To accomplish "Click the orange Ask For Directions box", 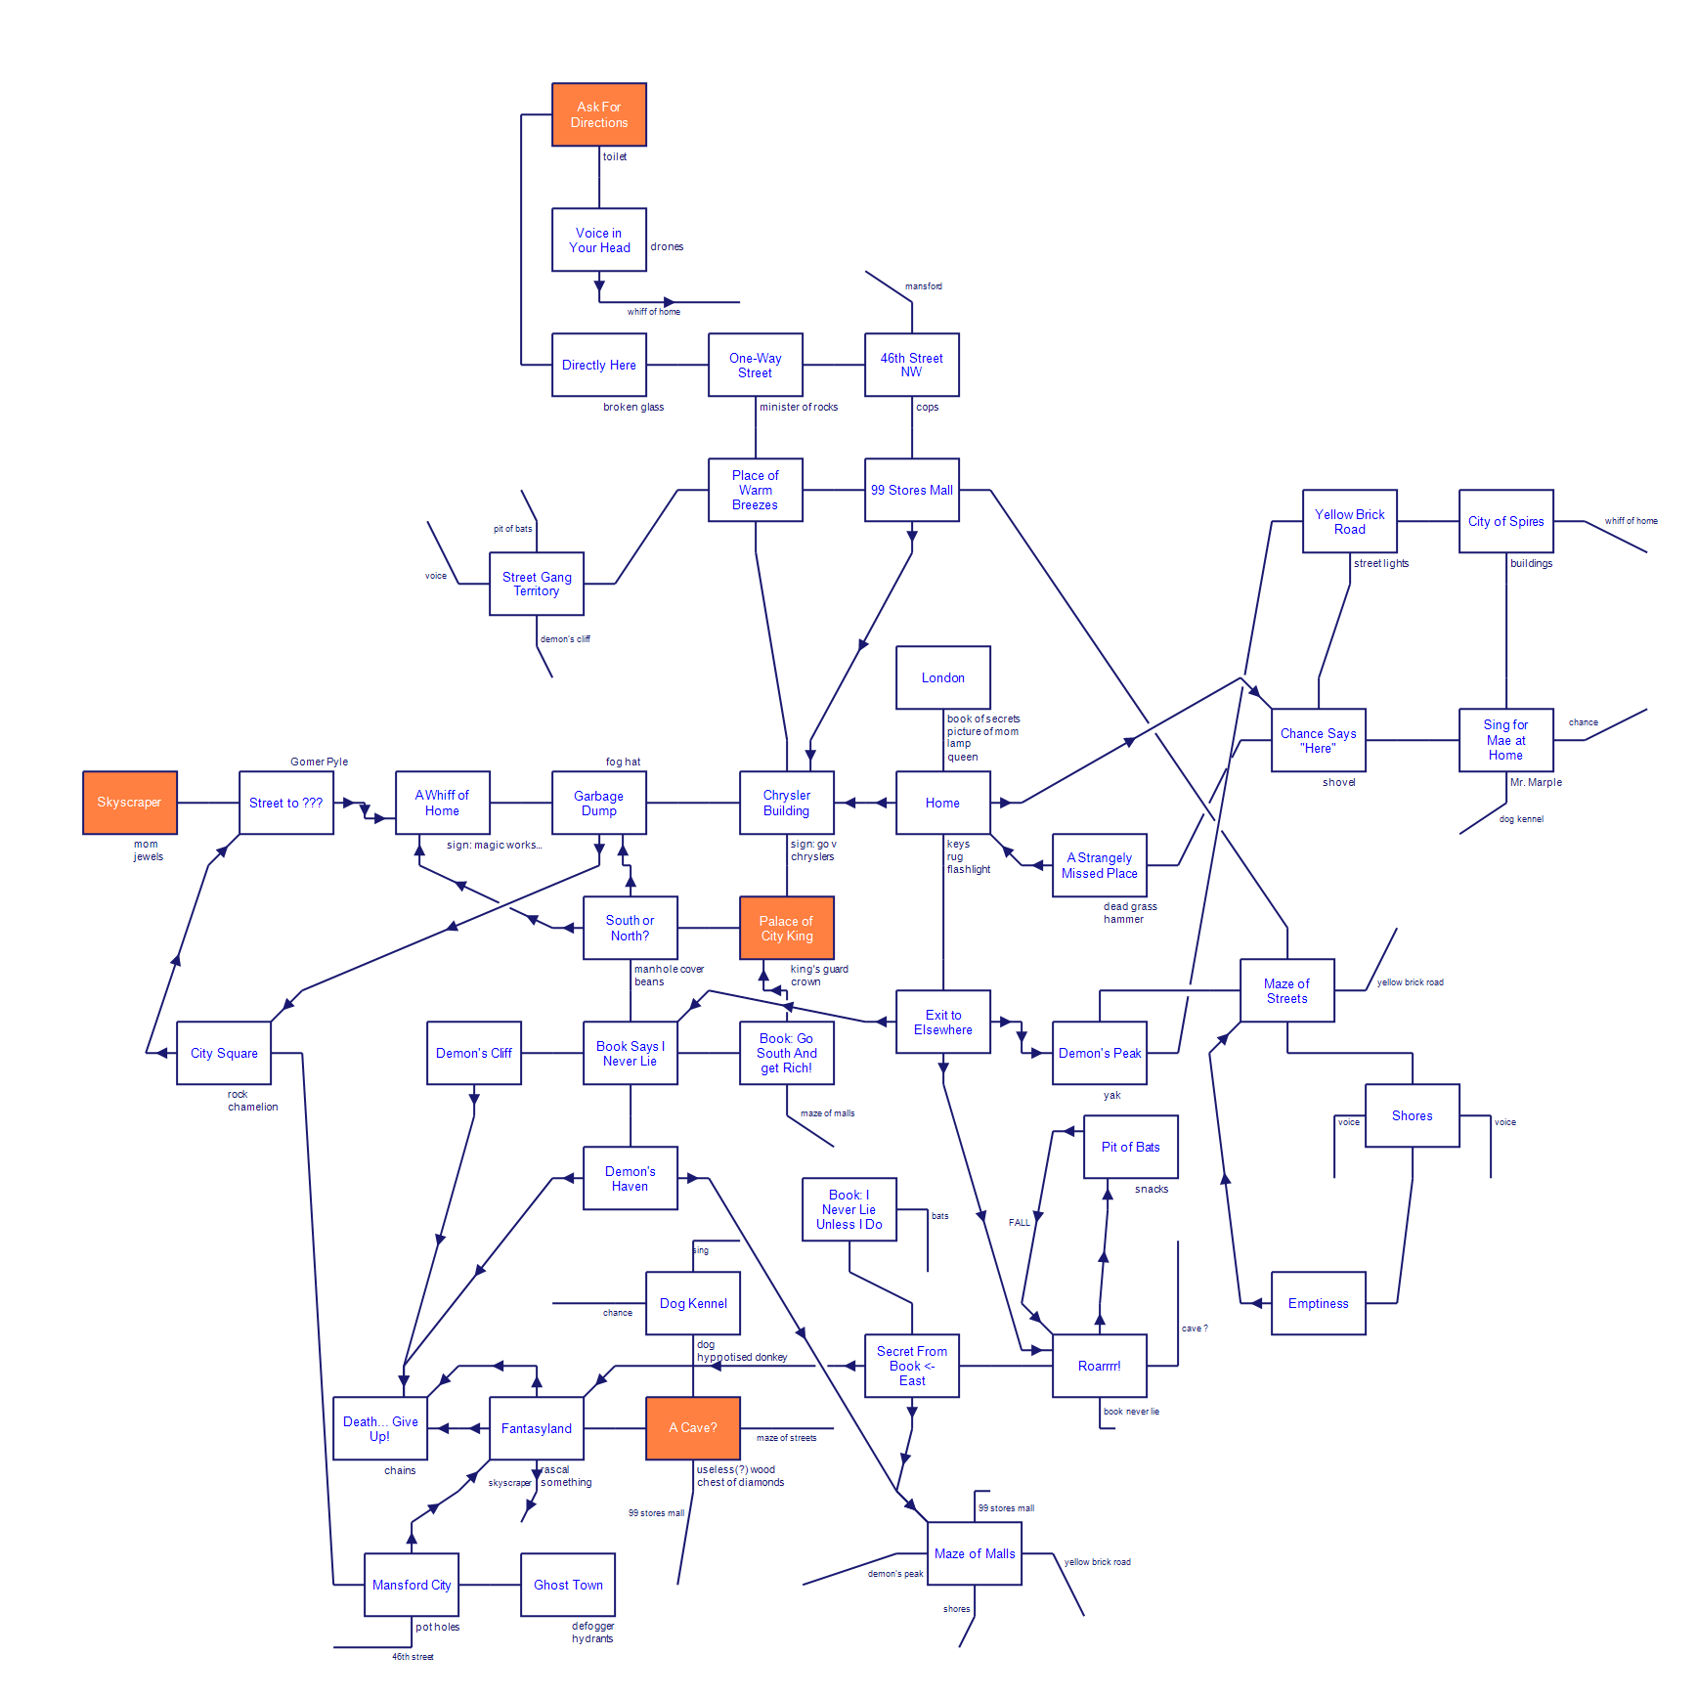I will (x=598, y=114).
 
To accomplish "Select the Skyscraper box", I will (x=129, y=803).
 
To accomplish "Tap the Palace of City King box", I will (x=786, y=928).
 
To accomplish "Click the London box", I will (x=942, y=677).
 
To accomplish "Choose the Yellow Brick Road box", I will (x=1349, y=521).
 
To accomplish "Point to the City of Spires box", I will (x=1505, y=521).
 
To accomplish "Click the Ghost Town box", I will (x=567, y=1585).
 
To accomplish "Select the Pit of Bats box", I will (x=1130, y=1147).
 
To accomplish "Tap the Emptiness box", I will (x=1318, y=1303).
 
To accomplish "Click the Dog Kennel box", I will (x=692, y=1303).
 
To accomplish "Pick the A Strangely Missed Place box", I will (x=1099, y=865).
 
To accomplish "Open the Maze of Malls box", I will (x=974, y=1553).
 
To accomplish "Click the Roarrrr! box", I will (x=1099, y=1366).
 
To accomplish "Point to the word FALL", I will (x=1019, y=1222).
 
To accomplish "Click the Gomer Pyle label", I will (x=319, y=762).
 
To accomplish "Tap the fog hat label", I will (x=623, y=762).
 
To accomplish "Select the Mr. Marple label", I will (x=1536, y=782).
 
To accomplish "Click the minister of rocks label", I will (x=799, y=407).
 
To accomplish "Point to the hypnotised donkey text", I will (x=742, y=1357).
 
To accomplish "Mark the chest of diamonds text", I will (x=740, y=1482).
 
